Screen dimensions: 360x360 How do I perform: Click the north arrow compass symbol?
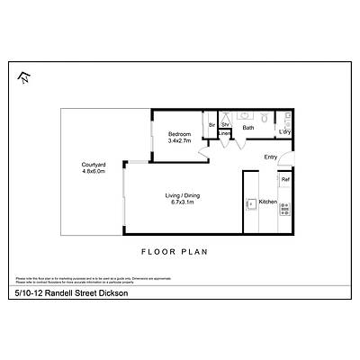(22, 78)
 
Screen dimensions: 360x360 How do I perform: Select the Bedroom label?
(179, 134)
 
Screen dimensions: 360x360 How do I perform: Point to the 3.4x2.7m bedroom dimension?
(179, 140)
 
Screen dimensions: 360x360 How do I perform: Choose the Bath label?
(248, 128)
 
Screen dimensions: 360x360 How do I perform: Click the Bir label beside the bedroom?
(212, 124)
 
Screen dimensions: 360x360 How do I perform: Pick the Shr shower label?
(225, 124)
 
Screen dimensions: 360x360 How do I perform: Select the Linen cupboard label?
(224, 134)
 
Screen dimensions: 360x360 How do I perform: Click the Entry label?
(270, 157)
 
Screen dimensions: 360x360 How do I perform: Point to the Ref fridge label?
(284, 180)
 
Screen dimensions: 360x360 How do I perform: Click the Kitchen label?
(267, 202)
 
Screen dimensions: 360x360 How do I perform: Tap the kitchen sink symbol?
(250, 204)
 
